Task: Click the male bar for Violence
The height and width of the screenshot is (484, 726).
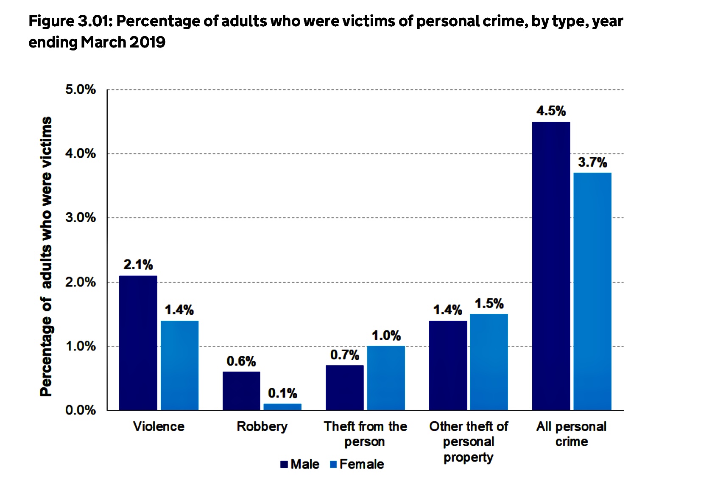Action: click(138, 343)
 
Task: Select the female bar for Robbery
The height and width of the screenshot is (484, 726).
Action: click(282, 407)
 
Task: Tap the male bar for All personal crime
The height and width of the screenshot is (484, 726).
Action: click(551, 266)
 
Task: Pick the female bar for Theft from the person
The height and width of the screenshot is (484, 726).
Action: click(386, 378)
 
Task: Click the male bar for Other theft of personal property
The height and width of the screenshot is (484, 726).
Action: click(448, 366)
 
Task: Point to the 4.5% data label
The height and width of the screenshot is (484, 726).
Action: click(551, 111)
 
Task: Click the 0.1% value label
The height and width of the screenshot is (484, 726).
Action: click(282, 393)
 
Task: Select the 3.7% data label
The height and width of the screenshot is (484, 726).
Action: click(592, 162)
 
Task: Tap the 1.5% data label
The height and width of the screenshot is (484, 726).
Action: click(489, 303)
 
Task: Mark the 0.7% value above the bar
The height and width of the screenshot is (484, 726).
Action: click(344, 355)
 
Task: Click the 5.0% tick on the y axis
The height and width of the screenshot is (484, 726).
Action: click(81, 90)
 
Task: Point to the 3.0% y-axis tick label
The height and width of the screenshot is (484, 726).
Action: click(81, 218)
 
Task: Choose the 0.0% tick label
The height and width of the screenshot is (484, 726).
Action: click(81, 410)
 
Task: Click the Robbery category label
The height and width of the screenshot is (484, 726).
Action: click(262, 427)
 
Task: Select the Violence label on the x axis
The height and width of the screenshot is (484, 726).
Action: click(159, 427)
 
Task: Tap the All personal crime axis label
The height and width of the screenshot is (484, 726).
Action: click(571, 434)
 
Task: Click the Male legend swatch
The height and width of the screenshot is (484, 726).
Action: click(284, 464)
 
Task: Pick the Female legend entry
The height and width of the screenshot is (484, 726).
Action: click(357, 464)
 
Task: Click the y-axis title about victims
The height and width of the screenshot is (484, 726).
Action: click(46, 257)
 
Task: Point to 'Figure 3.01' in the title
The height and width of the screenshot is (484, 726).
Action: click(71, 21)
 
